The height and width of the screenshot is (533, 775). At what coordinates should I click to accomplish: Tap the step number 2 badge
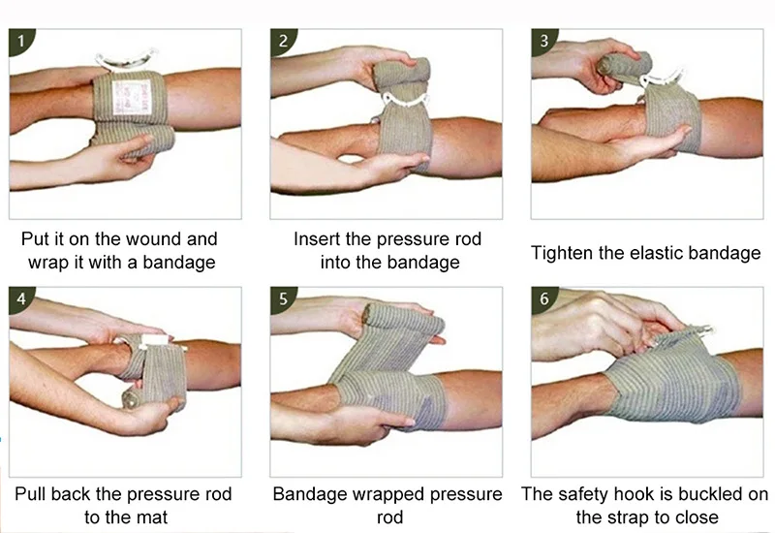(x=283, y=42)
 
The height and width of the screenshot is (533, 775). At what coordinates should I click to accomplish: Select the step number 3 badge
(x=543, y=42)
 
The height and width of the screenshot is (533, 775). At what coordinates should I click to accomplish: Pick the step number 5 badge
(x=283, y=298)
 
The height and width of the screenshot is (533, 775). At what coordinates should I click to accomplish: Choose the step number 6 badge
(x=543, y=298)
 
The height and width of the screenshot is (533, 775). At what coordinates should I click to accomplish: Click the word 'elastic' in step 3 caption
(x=659, y=253)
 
